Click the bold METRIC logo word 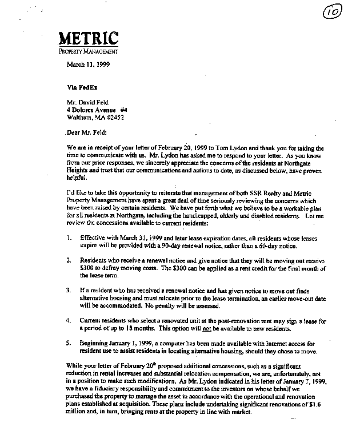(89, 39)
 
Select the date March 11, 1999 (89, 64)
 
